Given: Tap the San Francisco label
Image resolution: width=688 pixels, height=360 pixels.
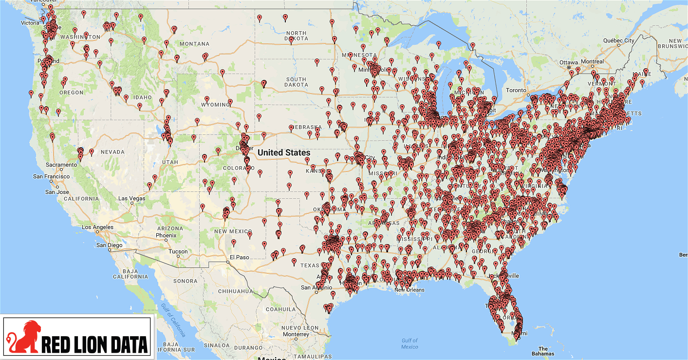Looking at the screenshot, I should (x=52, y=176).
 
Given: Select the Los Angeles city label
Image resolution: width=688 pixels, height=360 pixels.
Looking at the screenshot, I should (x=97, y=227).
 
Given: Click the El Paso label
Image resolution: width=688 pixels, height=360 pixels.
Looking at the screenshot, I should (x=240, y=257).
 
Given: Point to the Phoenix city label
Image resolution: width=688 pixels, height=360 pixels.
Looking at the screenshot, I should (x=166, y=235).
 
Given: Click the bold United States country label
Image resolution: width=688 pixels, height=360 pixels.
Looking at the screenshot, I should (x=284, y=152).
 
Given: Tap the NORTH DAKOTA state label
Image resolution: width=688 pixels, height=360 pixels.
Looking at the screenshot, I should (x=297, y=36).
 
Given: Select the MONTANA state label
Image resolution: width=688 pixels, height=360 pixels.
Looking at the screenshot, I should (x=194, y=44).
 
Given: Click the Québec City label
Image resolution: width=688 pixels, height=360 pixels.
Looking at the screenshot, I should (x=618, y=40).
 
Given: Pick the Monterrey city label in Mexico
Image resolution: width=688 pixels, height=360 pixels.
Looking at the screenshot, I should (x=296, y=334).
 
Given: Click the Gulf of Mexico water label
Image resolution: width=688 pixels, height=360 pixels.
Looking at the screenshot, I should (x=409, y=343).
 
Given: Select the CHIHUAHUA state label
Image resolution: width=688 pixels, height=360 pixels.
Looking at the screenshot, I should (x=236, y=291).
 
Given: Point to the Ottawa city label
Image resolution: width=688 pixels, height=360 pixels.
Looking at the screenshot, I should (x=568, y=62).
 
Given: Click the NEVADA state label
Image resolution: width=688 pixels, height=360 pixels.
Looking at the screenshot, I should (x=112, y=152).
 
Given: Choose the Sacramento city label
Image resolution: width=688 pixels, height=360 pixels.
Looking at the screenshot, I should (x=61, y=165).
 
